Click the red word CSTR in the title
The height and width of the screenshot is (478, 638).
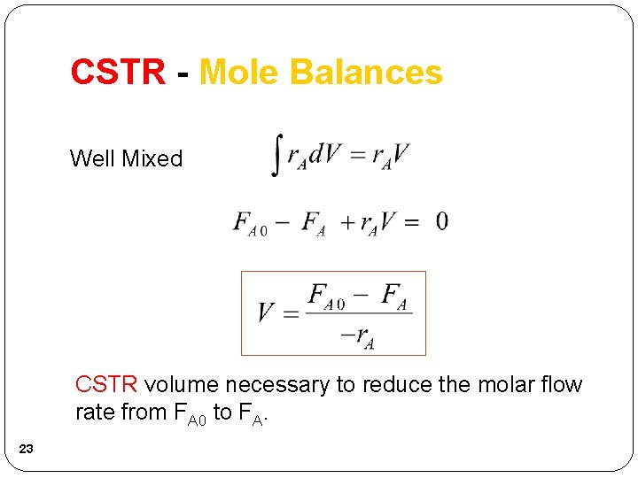(118, 73)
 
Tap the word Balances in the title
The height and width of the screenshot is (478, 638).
(367, 73)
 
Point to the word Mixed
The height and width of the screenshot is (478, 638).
(152, 159)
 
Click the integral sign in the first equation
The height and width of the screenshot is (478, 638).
(277, 154)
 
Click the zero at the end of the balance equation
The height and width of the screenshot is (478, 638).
(441, 221)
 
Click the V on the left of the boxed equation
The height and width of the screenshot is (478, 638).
(266, 313)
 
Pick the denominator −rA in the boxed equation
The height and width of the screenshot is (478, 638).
(358, 335)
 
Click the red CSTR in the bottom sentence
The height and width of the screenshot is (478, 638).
(106, 384)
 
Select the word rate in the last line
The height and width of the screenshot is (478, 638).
(93, 412)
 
